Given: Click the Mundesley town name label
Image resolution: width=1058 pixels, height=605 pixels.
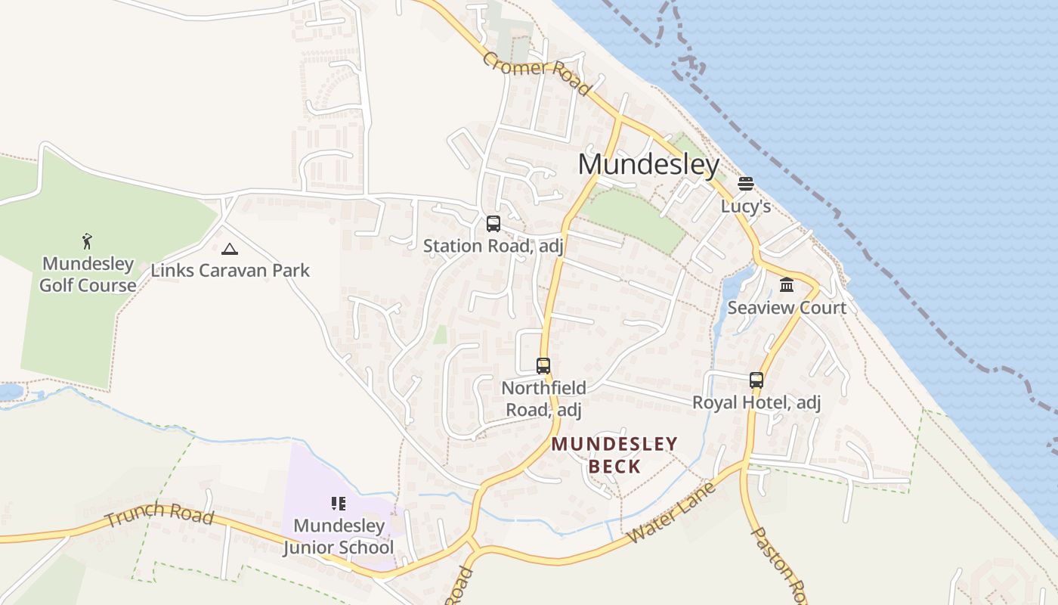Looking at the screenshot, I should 648,164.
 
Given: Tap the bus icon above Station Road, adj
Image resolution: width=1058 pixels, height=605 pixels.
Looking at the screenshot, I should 493,224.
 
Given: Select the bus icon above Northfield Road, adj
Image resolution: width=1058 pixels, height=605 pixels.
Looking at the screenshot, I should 543,366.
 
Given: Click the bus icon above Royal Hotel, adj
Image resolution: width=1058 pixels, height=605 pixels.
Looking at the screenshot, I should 756,380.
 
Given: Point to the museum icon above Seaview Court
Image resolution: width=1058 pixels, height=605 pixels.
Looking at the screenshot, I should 787,285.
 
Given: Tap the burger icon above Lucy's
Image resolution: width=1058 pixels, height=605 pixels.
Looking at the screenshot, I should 746,184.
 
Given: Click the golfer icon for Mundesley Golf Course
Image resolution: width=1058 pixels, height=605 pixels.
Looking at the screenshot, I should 88,242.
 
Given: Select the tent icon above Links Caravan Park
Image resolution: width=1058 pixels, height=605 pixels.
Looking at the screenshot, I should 230,249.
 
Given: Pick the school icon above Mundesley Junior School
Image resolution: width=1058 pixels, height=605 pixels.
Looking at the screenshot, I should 338,504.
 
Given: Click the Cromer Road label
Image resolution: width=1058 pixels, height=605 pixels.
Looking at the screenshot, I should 536,73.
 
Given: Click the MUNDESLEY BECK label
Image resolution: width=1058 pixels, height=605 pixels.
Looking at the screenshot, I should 614,455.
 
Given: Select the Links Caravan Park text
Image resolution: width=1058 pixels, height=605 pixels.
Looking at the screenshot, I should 230,270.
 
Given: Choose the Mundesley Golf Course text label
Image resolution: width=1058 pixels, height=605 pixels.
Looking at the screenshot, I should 88,275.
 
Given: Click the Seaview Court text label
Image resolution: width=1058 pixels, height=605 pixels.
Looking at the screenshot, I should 787,308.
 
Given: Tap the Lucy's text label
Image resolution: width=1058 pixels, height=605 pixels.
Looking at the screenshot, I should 745,206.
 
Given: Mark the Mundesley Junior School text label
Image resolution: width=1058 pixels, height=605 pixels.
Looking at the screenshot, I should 339,536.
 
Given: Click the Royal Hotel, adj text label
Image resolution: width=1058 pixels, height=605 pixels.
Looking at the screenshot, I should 756,402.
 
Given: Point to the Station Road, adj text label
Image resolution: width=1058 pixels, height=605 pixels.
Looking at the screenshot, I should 493,246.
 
